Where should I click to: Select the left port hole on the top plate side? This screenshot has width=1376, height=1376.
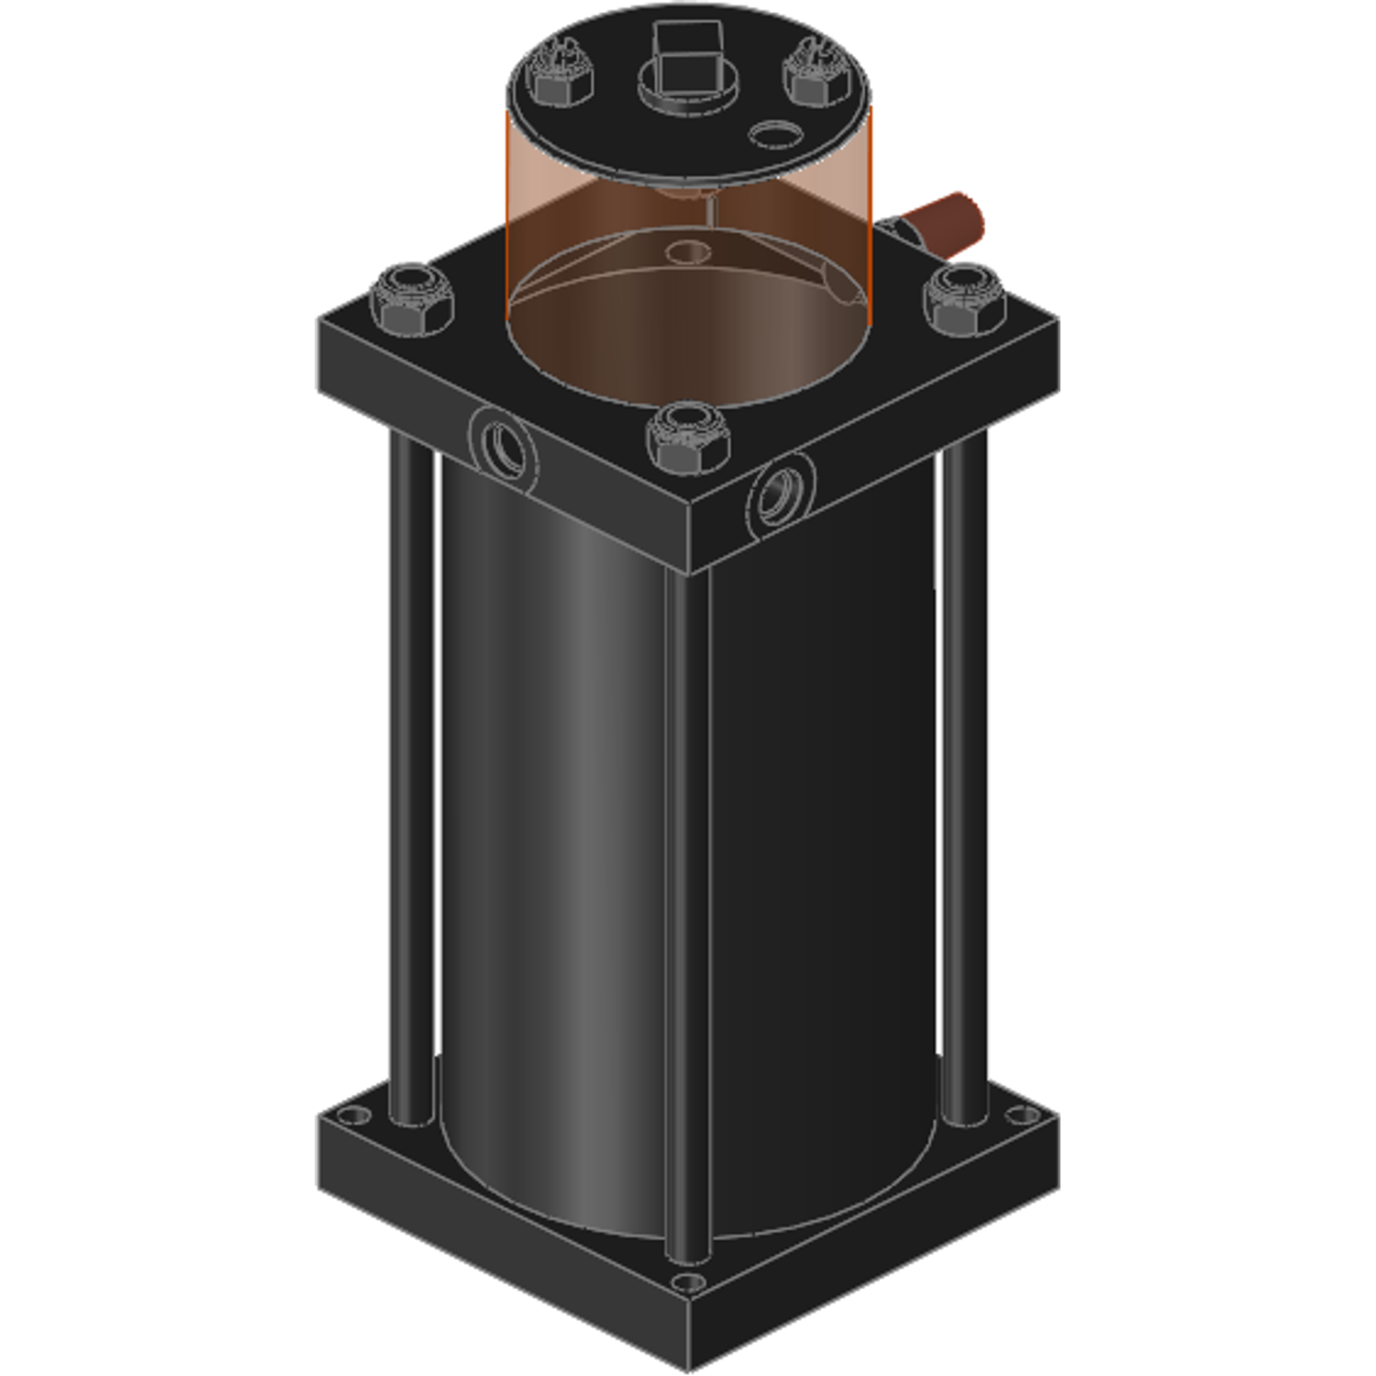504,447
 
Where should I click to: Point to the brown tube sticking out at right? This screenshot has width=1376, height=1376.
945,222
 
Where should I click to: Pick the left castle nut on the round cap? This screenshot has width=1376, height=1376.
559,75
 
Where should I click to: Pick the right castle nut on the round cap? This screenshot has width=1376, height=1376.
816,75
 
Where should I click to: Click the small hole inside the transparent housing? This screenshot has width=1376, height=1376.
687,250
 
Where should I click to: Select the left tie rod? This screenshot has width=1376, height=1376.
411,780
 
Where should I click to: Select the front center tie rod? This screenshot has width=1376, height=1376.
687,917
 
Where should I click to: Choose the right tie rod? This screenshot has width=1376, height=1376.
964,780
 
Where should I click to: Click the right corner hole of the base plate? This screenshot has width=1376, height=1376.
1022,1115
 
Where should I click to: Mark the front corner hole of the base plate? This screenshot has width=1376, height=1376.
687,1282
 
